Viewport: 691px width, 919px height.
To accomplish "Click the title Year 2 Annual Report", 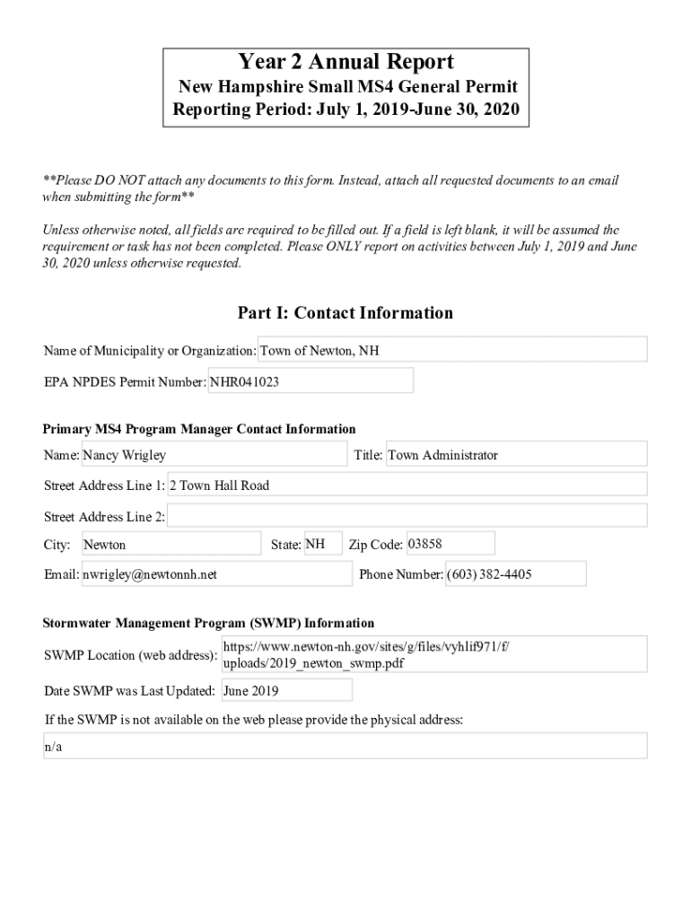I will pyautogui.click(x=345, y=62).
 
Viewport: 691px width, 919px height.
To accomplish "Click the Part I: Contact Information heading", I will pyautogui.click(x=345, y=313).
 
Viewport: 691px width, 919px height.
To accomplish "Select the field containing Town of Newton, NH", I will pyautogui.click(x=452, y=350).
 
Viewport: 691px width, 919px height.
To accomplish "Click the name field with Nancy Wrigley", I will pyautogui.click(x=214, y=455).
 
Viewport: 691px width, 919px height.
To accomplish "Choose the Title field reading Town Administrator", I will pyautogui.click(x=515, y=455).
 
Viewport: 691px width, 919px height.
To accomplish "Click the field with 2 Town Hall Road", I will pyautogui.click(x=407, y=486).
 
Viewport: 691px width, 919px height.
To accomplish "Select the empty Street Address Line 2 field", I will pyautogui.click(x=407, y=516).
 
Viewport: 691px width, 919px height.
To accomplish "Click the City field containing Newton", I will pyautogui.click(x=171, y=545).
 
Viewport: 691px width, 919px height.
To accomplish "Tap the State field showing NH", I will pyautogui.click(x=322, y=544).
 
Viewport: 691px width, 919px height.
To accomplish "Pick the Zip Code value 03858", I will pyautogui.click(x=450, y=544).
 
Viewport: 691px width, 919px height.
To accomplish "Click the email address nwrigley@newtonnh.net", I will pyautogui.click(x=216, y=574).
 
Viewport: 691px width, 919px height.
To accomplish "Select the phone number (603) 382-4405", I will pyautogui.click(x=515, y=574).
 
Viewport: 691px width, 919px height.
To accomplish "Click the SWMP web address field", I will pyautogui.click(x=433, y=654).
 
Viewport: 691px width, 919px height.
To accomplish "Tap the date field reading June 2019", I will pyautogui.click(x=286, y=691).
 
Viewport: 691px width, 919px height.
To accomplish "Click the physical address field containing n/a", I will pyautogui.click(x=345, y=747).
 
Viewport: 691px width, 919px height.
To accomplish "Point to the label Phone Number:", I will pyautogui.click(x=400, y=574).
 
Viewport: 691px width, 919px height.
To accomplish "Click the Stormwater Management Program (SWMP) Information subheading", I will pyautogui.click(x=208, y=623).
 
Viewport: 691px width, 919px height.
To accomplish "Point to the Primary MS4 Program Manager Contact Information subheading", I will pyautogui.click(x=199, y=429).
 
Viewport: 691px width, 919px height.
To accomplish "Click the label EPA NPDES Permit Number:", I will pyautogui.click(x=125, y=382).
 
